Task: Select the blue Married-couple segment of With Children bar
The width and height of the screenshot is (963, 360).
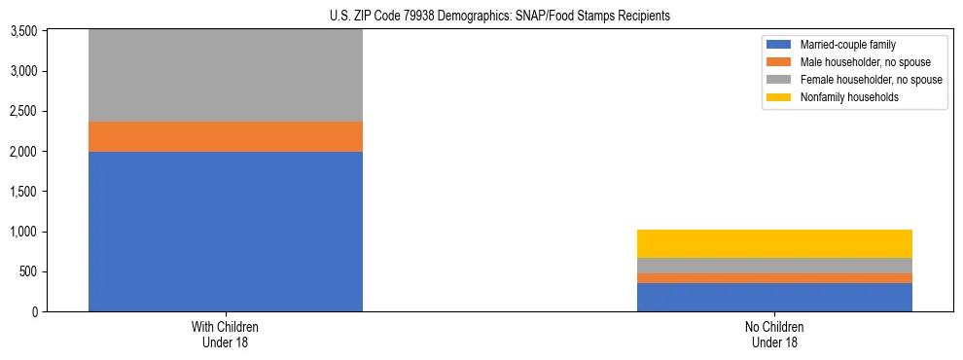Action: coord(226,232)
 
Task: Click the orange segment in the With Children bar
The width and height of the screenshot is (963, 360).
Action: coord(226,137)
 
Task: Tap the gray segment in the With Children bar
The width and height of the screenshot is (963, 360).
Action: coord(226,76)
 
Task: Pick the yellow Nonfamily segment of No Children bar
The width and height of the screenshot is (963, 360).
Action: coord(774,243)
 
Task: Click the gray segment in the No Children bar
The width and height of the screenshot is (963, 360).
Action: coord(774,266)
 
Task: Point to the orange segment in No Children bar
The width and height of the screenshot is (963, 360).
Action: coord(774,278)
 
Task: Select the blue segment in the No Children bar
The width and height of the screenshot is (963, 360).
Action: coord(774,297)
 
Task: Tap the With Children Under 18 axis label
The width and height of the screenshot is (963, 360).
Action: coord(226,335)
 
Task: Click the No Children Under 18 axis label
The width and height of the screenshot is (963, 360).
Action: coord(774,335)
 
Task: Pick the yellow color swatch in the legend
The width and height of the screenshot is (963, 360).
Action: coord(779,97)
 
